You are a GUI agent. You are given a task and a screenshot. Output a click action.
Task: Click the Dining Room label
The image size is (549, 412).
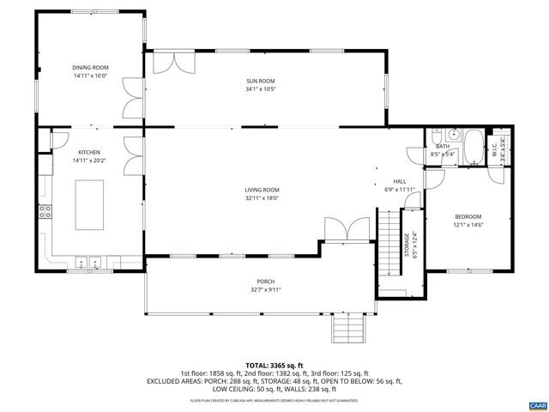[89, 66]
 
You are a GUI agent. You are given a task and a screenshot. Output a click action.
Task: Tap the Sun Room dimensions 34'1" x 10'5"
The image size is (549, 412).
[260, 88]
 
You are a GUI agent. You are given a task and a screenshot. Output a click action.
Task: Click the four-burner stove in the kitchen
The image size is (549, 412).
[45, 210]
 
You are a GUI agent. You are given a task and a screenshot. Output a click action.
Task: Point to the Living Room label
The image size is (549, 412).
[262, 190]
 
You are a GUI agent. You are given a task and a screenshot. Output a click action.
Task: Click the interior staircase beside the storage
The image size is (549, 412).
[390, 244]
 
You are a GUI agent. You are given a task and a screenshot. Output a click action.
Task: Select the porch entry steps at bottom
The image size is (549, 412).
[346, 326]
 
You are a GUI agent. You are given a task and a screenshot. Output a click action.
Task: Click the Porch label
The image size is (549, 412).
[265, 282]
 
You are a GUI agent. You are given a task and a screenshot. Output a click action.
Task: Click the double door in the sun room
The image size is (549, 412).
[176, 63]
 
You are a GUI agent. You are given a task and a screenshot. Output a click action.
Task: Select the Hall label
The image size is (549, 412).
[400, 181]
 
